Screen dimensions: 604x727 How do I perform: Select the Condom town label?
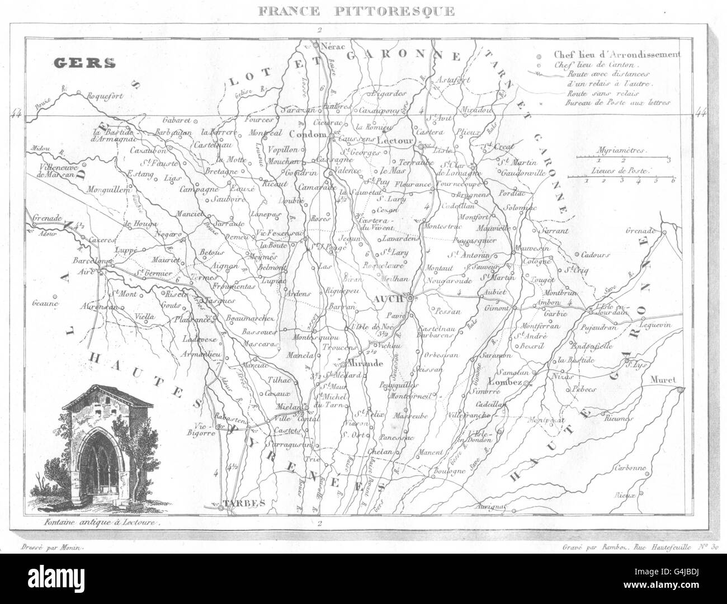pos(308,135)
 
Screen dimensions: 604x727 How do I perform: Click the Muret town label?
pos(664,380)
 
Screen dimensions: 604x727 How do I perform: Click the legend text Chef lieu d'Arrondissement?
pos(616,55)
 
